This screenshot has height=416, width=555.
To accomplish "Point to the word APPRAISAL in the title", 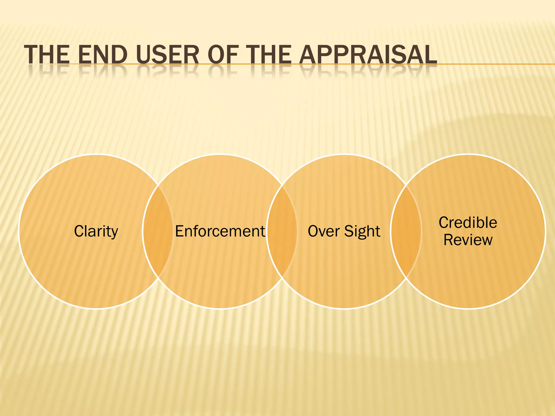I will [x=368, y=55].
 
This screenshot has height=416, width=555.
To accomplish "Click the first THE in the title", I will [x=47, y=55].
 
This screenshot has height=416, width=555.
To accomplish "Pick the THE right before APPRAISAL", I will [x=270, y=55].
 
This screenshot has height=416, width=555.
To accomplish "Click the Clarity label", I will [x=96, y=231].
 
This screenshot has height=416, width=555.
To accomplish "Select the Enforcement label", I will [x=220, y=231].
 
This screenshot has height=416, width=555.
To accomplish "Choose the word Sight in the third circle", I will [x=362, y=232].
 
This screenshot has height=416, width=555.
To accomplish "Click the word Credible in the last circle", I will [x=468, y=223].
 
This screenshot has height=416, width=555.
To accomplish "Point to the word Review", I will [x=468, y=240].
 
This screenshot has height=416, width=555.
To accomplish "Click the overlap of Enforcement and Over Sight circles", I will [x=282, y=231].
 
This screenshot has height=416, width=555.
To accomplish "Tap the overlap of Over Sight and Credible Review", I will [x=406, y=231].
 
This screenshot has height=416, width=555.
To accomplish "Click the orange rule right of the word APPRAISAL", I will [x=496, y=64].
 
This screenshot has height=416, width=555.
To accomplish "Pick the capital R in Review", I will [x=448, y=240].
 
